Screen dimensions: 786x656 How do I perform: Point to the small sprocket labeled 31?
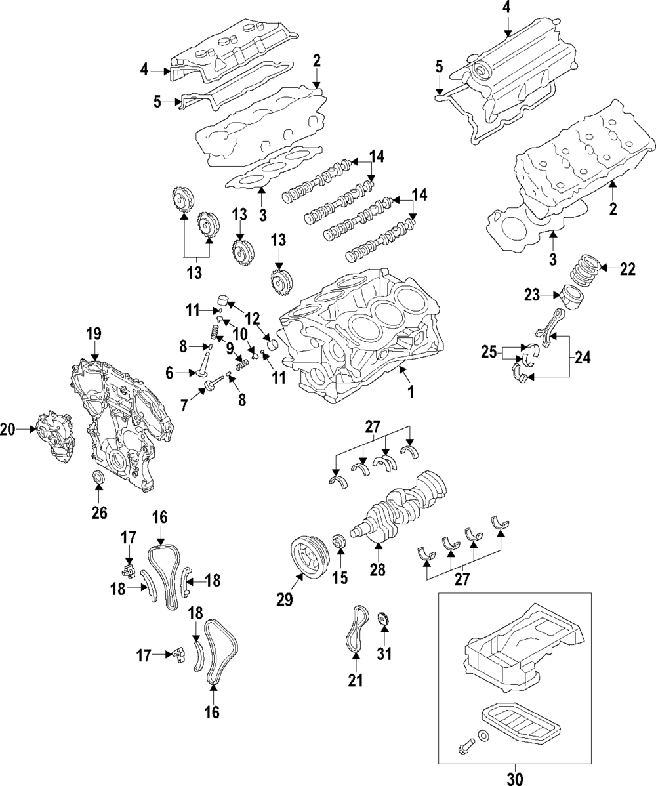pos(384,619)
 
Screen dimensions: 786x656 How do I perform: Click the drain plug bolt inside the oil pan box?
pos(464,745)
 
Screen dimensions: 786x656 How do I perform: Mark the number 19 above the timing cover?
pos(94,334)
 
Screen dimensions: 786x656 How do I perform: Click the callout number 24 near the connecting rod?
pos(582,358)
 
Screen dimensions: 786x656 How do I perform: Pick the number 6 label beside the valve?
pos(169,373)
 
